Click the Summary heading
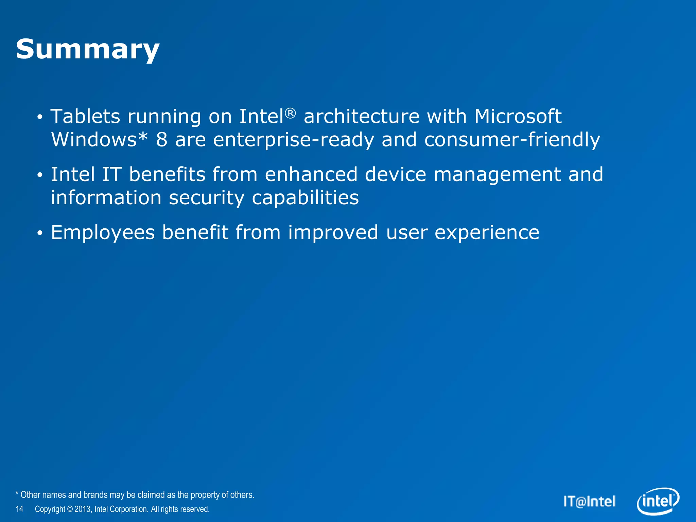pyautogui.click(x=88, y=50)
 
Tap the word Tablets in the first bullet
pyautogui.click(x=85, y=117)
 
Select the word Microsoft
pyautogui.click(x=518, y=117)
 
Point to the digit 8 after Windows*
pyautogui.click(x=162, y=140)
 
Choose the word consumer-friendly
pyautogui.click(x=512, y=140)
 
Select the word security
pyautogui.click(x=207, y=198)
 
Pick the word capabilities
pyautogui.click(x=305, y=198)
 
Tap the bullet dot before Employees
pyautogui.click(x=40, y=233)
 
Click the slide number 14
pyautogui.click(x=19, y=509)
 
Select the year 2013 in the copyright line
pyautogui.click(x=83, y=509)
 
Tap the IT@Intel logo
pyautogui.click(x=589, y=502)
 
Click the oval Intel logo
pyautogui.click(x=658, y=501)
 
